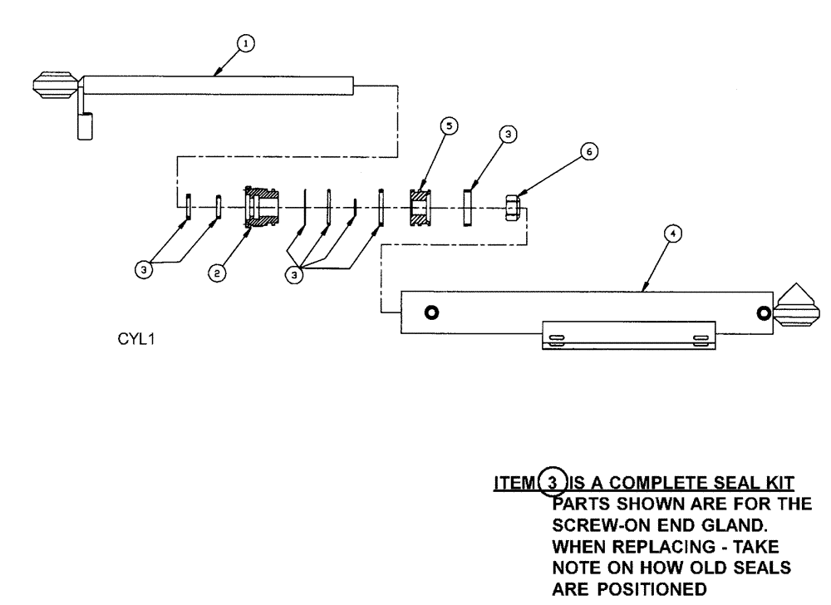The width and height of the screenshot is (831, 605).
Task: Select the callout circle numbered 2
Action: point(216,272)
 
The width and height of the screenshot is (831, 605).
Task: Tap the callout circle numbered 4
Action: point(674,235)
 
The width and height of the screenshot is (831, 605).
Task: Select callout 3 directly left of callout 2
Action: point(145,269)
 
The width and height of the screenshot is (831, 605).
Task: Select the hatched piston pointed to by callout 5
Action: point(421,207)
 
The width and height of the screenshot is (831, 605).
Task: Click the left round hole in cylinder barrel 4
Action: point(430,312)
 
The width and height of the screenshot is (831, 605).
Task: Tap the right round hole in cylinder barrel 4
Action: point(764,312)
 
